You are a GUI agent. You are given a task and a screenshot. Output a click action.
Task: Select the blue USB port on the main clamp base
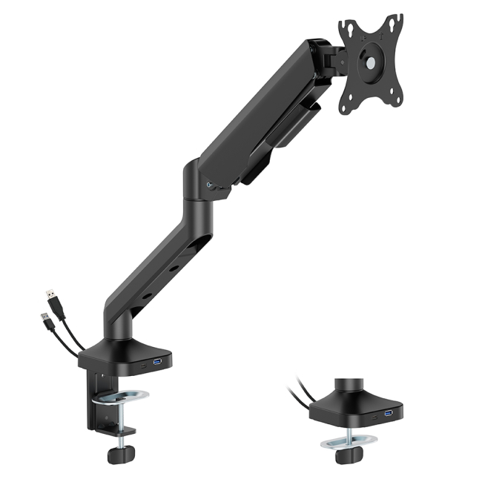(x=157, y=361)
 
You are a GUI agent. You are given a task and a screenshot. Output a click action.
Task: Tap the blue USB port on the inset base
(x=388, y=412)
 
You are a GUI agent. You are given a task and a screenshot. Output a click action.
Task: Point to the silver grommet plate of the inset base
(x=349, y=444)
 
